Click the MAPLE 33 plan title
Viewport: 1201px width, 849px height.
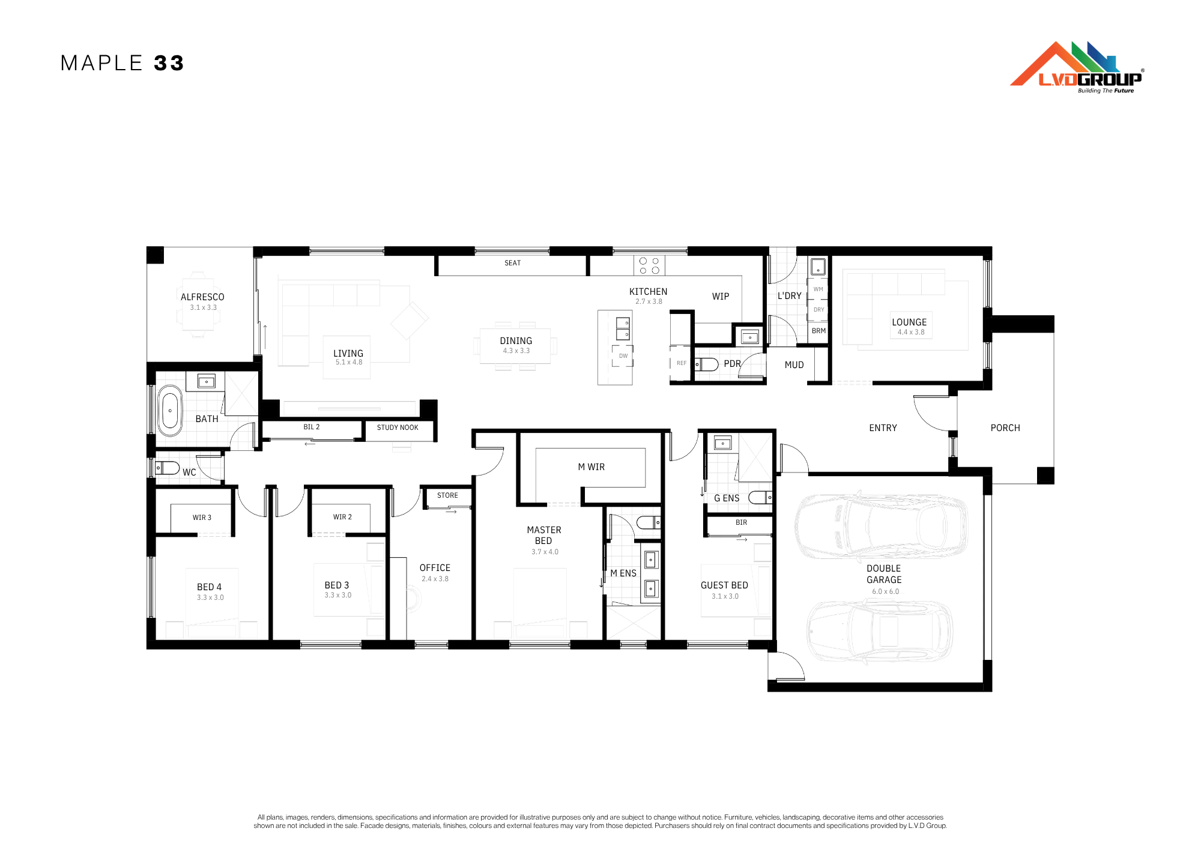coord(122,63)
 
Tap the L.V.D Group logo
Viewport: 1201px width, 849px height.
coord(1077,67)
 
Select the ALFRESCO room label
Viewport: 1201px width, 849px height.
coord(202,297)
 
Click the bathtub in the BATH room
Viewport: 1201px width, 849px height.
coord(170,410)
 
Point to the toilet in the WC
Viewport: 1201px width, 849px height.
coord(167,467)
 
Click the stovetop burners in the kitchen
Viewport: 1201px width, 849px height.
coord(649,265)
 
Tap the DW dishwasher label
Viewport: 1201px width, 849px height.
coord(623,356)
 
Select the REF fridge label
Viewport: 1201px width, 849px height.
coord(682,363)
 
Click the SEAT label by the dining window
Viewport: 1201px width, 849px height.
coord(512,263)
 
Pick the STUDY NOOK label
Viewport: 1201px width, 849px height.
coord(398,428)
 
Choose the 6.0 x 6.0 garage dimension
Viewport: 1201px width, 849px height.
coord(886,591)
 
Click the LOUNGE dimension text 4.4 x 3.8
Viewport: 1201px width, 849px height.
coord(911,332)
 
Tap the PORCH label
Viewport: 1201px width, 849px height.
coord(1005,428)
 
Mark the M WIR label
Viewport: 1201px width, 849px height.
coord(591,467)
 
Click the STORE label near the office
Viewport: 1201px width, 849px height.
coord(447,495)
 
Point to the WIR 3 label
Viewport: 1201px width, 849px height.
coord(202,518)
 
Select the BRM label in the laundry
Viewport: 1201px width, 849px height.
coord(818,331)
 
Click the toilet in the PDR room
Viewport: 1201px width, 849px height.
coord(707,364)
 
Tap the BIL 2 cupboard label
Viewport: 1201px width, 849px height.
coord(312,427)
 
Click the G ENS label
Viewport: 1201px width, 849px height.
coord(727,498)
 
